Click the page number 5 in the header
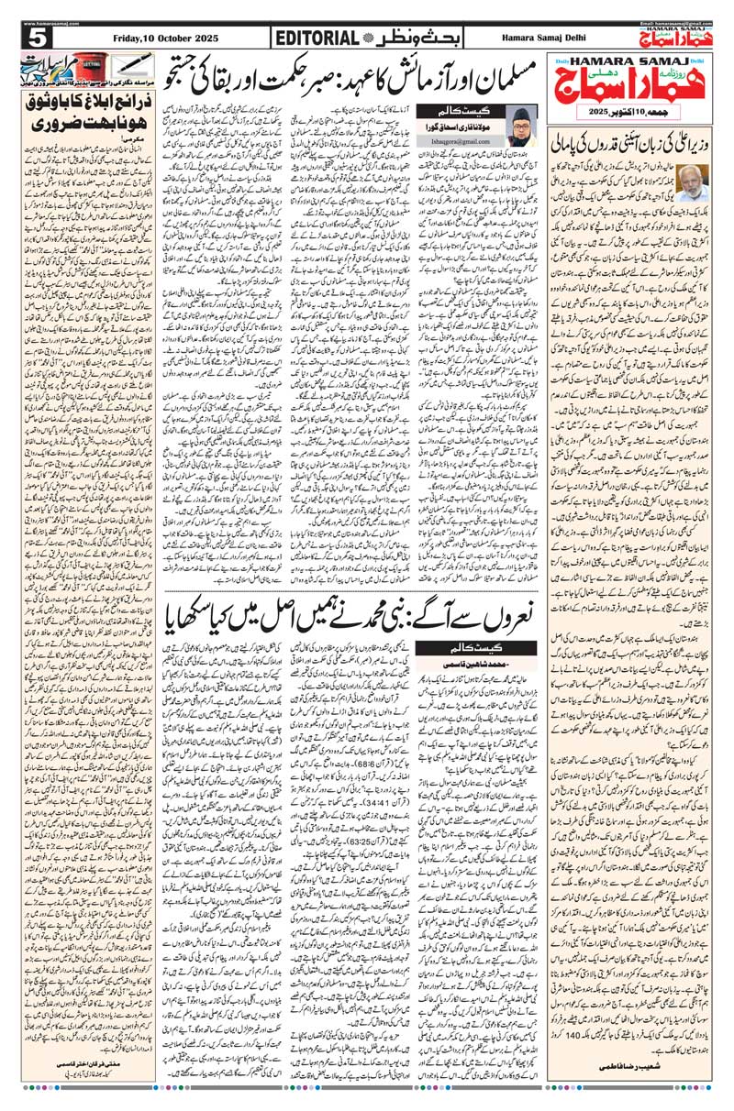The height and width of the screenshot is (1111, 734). pyautogui.click(x=38, y=38)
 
